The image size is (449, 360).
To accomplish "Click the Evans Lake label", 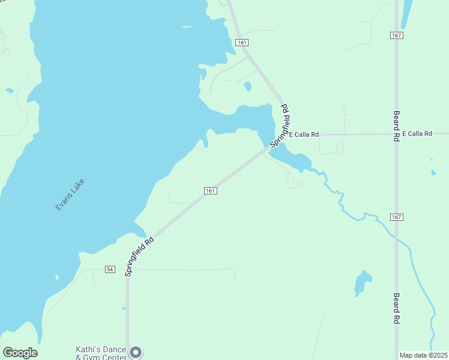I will tap(70, 194).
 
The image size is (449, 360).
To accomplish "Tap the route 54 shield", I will tap(109, 269).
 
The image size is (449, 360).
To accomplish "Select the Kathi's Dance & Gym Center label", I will tap(101, 353).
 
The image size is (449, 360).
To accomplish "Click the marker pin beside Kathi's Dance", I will tap(136, 352).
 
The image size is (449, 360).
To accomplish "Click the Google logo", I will tap(20, 353).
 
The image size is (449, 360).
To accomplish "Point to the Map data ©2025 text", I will tap(423, 355).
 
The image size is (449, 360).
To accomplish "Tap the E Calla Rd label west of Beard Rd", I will tap(304, 134).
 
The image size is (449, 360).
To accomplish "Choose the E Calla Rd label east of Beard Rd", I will tap(417, 133).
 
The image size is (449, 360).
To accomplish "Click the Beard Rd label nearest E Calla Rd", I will tap(397, 125).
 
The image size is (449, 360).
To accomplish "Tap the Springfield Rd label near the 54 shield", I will tap(140, 256).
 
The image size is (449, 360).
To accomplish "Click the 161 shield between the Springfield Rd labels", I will tap(209, 190).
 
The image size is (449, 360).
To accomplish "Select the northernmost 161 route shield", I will tap(242, 43).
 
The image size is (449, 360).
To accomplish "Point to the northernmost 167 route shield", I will tap(396, 35).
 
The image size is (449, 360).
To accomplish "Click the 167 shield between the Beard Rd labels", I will tap(396, 217).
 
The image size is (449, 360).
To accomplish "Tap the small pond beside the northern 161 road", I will tap(247, 86).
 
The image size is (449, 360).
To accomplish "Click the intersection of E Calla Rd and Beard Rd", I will tap(396, 133).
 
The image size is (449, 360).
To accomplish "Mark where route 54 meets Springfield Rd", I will tap(128, 269).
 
